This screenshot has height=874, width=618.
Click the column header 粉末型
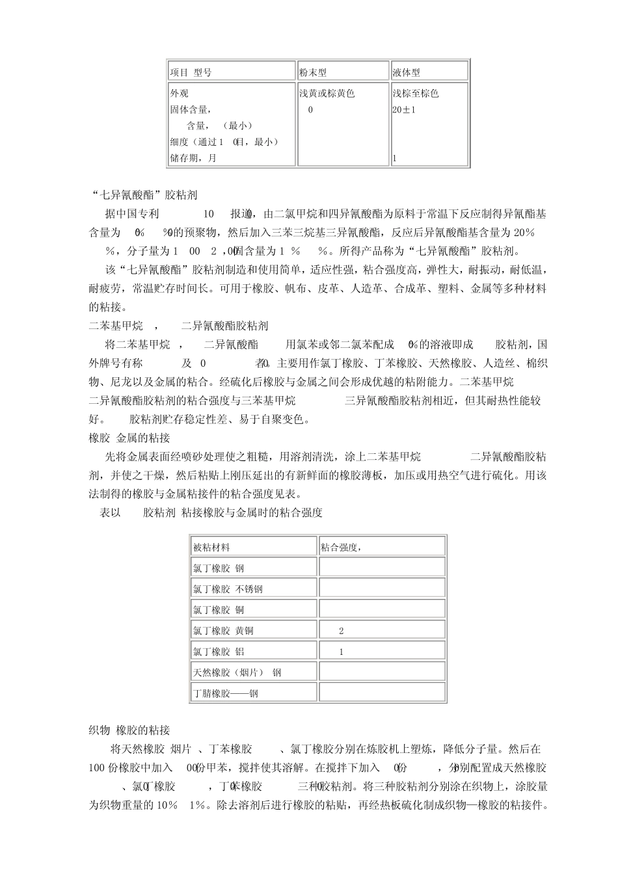pyautogui.click(x=313, y=72)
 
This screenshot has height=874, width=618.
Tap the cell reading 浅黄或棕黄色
pyautogui.click(x=327, y=94)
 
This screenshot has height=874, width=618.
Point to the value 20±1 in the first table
pyautogui.click(x=404, y=110)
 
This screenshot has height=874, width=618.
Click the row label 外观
pyautogui.click(x=180, y=94)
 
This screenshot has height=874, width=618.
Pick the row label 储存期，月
pyautogui.click(x=193, y=158)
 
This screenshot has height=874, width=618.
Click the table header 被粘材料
pyautogui.click(x=211, y=548)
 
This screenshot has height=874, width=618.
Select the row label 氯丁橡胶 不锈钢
pyautogui.click(x=228, y=589)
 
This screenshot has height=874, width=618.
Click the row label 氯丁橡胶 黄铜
pyautogui.click(x=223, y=631)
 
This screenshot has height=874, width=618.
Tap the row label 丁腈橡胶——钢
pyautogui.click(x=225, y=693)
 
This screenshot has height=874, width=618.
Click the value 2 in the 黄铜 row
pyautogui.click(x=342, y=631)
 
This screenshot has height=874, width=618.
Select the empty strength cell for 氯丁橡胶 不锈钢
pyautogui.click(x=382, y=589)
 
